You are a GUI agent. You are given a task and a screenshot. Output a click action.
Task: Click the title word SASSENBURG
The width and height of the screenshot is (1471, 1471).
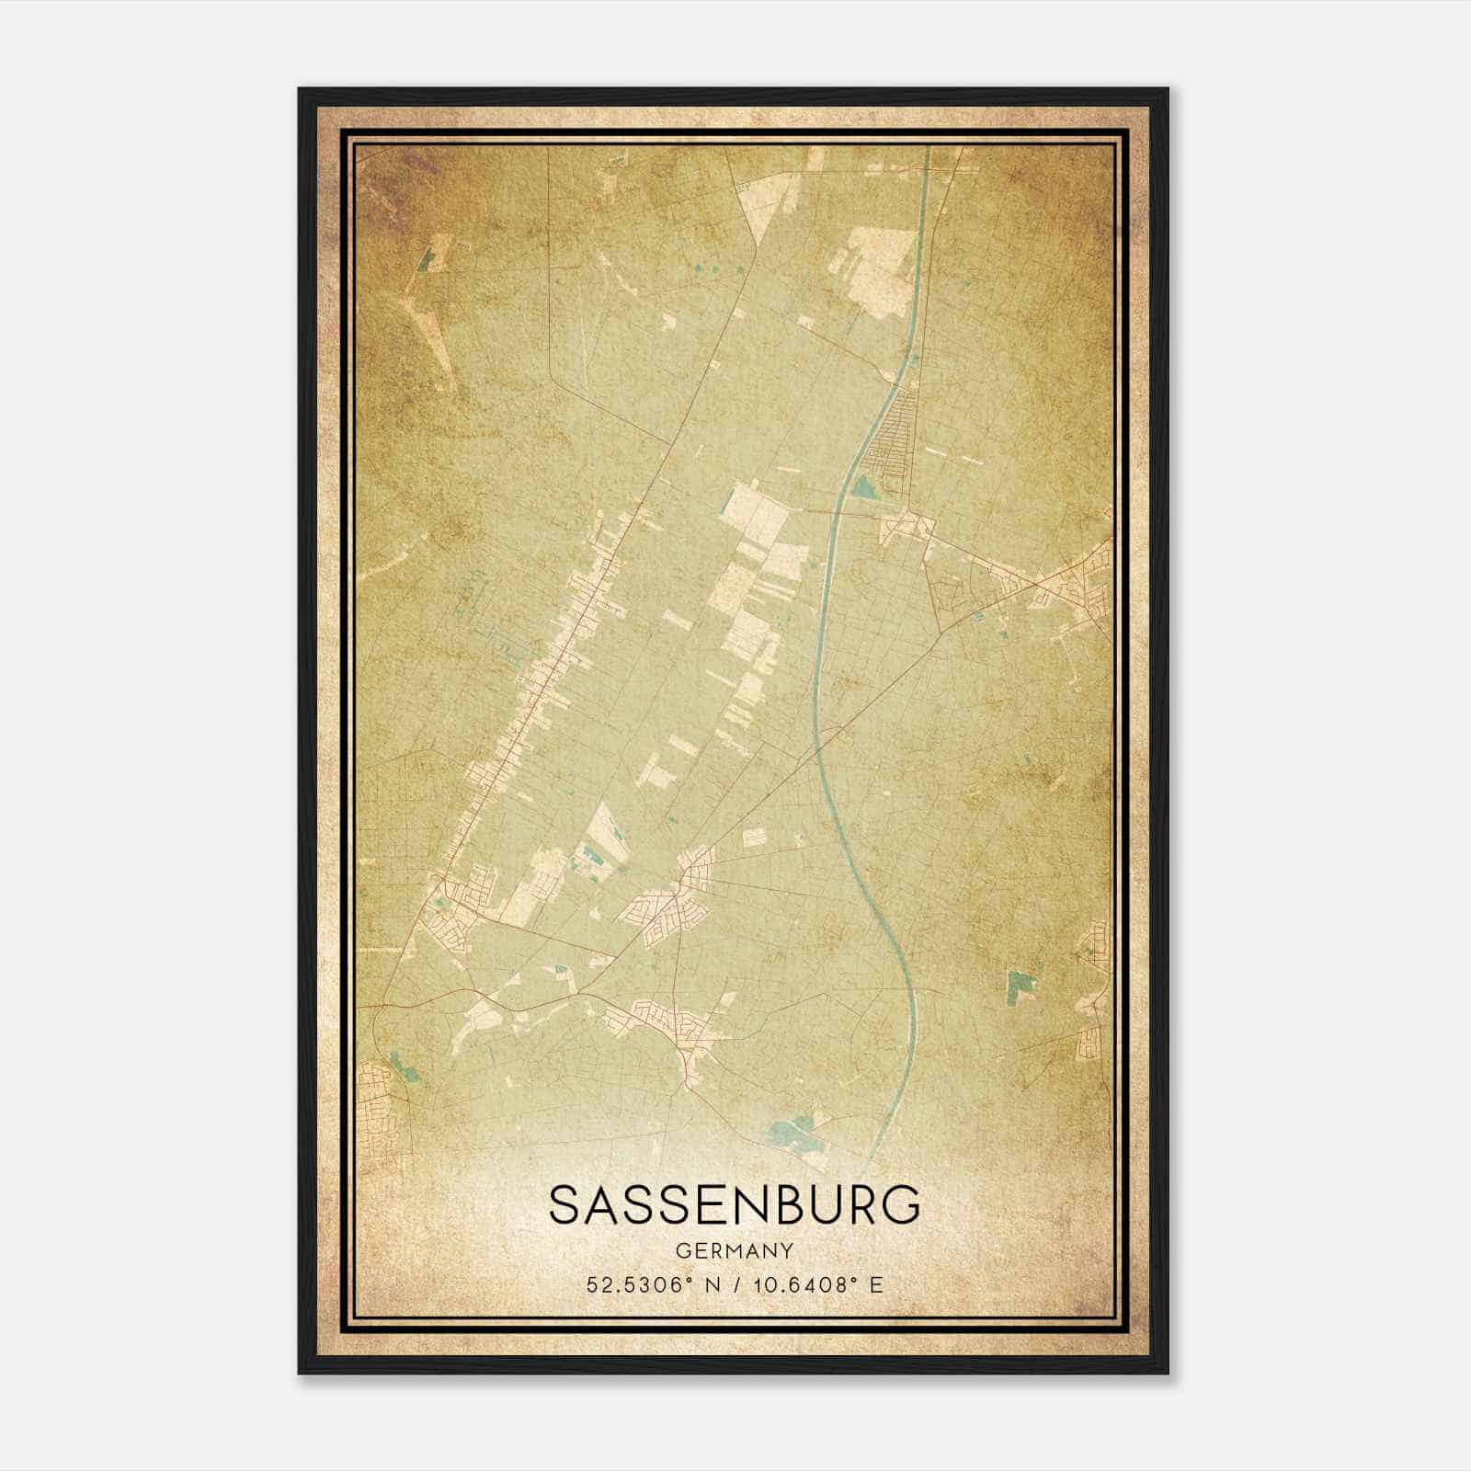click(734, 1205)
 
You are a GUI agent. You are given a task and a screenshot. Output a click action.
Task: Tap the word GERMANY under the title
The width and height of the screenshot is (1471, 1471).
click(734, 1250)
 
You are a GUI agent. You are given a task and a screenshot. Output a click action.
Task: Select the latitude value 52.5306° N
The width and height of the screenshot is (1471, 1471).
click(644, 1284)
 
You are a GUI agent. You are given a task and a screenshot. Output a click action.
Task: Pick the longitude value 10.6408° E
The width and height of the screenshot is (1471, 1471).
click(810, 1284)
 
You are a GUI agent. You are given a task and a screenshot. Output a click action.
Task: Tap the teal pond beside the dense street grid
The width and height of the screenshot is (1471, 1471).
click(864, 486)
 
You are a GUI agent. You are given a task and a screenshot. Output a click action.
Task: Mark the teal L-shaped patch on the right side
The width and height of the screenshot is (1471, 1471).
click(1015, 986)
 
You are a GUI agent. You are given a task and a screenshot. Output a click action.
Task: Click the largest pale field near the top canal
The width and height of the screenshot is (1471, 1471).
click(878, 271)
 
